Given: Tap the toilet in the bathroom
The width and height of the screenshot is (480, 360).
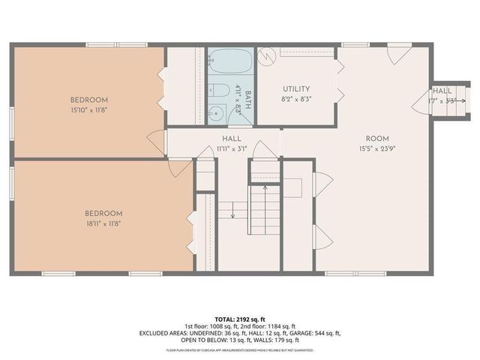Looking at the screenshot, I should click(220, 92).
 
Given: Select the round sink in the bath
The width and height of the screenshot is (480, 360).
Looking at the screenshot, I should click(214, 114).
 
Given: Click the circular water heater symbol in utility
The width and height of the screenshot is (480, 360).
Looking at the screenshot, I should click(266, 55).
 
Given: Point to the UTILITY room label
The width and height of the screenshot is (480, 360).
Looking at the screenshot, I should click(296, 88).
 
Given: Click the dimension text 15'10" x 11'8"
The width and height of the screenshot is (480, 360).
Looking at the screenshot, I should click(89, 110).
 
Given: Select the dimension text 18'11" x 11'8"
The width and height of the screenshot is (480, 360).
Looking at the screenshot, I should click(104, 223).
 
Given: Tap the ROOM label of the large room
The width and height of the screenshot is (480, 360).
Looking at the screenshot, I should click(376, 138).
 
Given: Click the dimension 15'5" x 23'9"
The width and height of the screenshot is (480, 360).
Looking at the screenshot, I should click(376, 148).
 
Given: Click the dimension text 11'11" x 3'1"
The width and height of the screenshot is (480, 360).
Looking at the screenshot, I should click(231, 148).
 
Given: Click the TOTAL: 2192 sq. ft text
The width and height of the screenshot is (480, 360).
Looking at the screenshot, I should click(240, 319).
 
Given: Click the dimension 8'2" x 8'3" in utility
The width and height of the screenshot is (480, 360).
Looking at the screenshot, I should click(296, 98).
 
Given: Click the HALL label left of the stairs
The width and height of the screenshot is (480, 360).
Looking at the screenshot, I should click(231, 139).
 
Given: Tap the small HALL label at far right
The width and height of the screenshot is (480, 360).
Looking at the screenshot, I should click(442, 91).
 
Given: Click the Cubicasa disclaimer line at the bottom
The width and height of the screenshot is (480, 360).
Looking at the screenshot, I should click(240, 349).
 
